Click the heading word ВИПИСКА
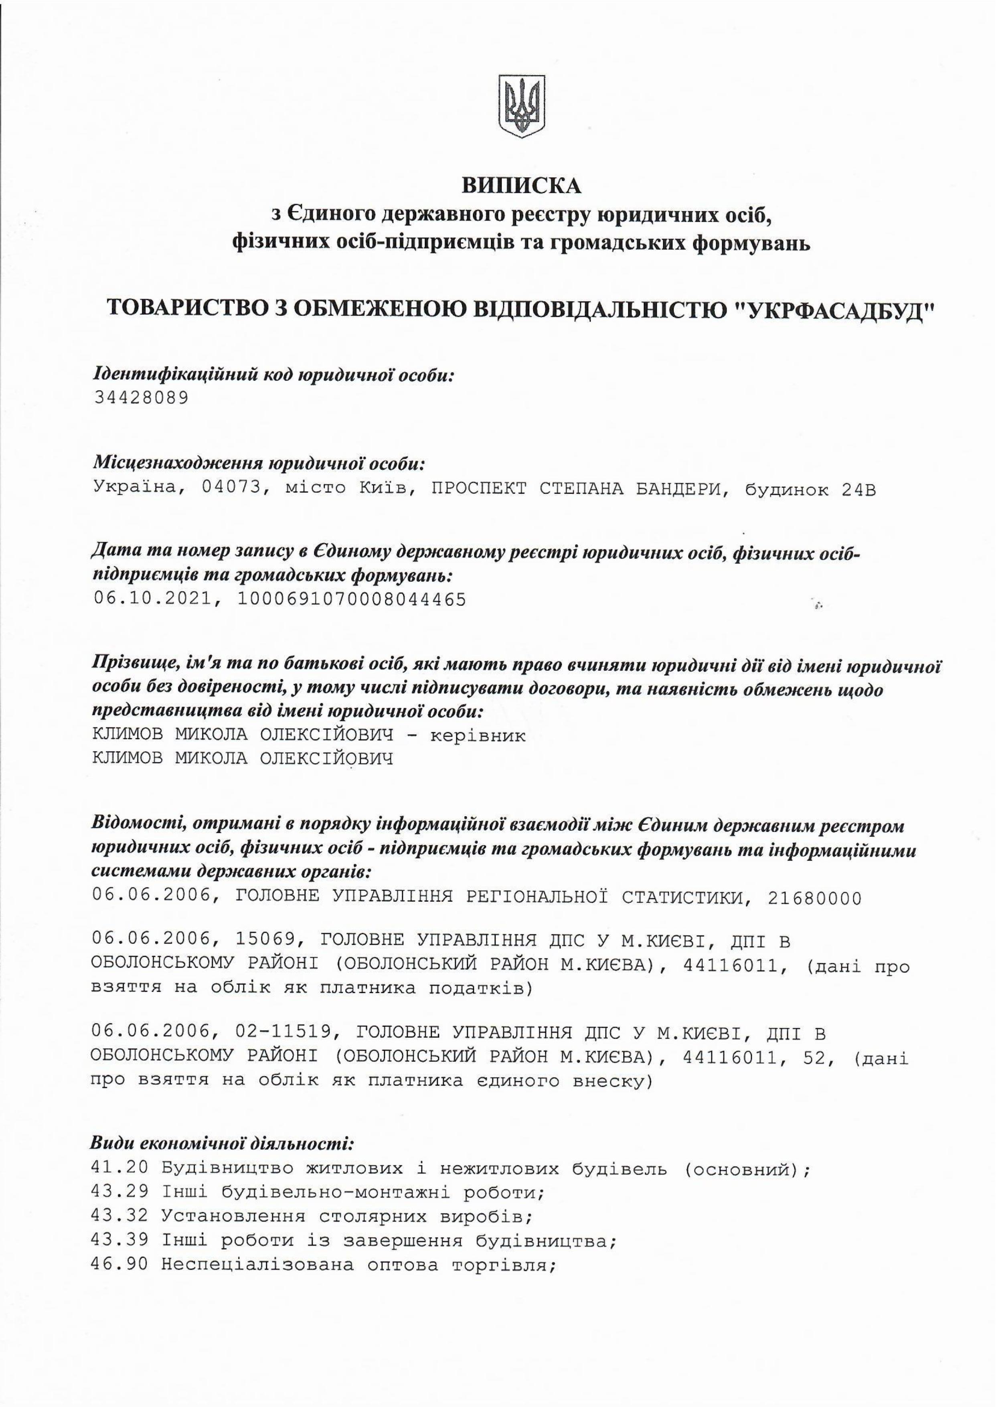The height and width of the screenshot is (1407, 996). (521, 185)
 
